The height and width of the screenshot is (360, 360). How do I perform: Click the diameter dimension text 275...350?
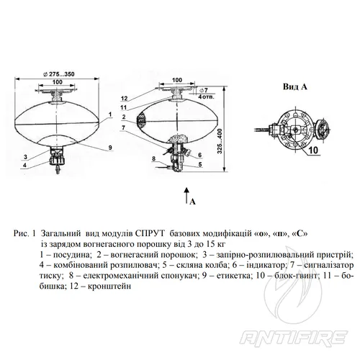(x=59, y=74)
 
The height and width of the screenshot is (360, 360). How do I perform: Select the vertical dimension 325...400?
(x=220, y=141)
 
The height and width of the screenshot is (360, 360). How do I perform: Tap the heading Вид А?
(x=295, y=86)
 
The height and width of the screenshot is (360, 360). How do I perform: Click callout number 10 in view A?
(x=313, y=150)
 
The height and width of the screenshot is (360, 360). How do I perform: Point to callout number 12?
(x=125, y=99)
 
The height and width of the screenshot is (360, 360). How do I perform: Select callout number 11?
(x=124, y=107)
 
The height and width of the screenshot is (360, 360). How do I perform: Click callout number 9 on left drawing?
(x=110, y=148)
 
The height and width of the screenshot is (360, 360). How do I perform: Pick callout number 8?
(x=154, y=158)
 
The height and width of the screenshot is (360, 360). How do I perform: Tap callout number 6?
(x=199, y=156)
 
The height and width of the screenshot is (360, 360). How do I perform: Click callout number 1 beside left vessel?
(x=110, y=114)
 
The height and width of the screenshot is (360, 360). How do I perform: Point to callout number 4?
(x=24, y=165)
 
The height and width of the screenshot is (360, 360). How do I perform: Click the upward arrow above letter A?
(x=186, y=195)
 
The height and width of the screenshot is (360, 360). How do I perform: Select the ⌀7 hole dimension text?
(x=204, y=90)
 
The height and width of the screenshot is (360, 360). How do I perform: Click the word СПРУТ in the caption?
(x=150, y=233)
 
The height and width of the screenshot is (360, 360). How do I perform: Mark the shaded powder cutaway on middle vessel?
(x=141, y=121)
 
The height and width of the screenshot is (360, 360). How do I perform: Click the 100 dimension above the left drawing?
(x=58, y=82)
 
